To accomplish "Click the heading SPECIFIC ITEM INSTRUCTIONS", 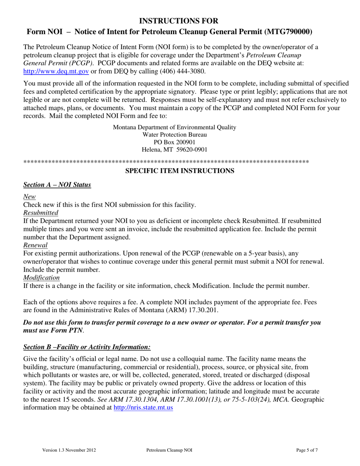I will (180, 171).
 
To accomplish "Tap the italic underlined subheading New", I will (30, 197).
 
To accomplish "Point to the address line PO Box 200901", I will (175, 142).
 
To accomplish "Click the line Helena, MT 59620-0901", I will (175, 150).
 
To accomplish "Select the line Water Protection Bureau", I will (175, 134).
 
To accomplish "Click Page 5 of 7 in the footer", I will (307, 450).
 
